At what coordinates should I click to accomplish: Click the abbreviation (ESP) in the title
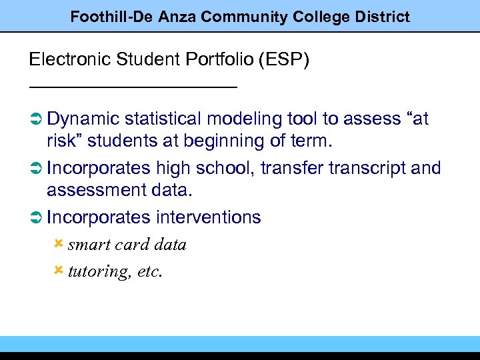283,60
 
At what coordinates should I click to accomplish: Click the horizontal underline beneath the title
133,87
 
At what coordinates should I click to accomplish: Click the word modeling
245,119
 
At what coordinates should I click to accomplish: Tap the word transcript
369,168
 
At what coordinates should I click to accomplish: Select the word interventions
209,217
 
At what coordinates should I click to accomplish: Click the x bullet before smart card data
58,243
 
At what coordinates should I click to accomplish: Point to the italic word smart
87,245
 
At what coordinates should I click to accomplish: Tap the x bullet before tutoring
58,270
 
